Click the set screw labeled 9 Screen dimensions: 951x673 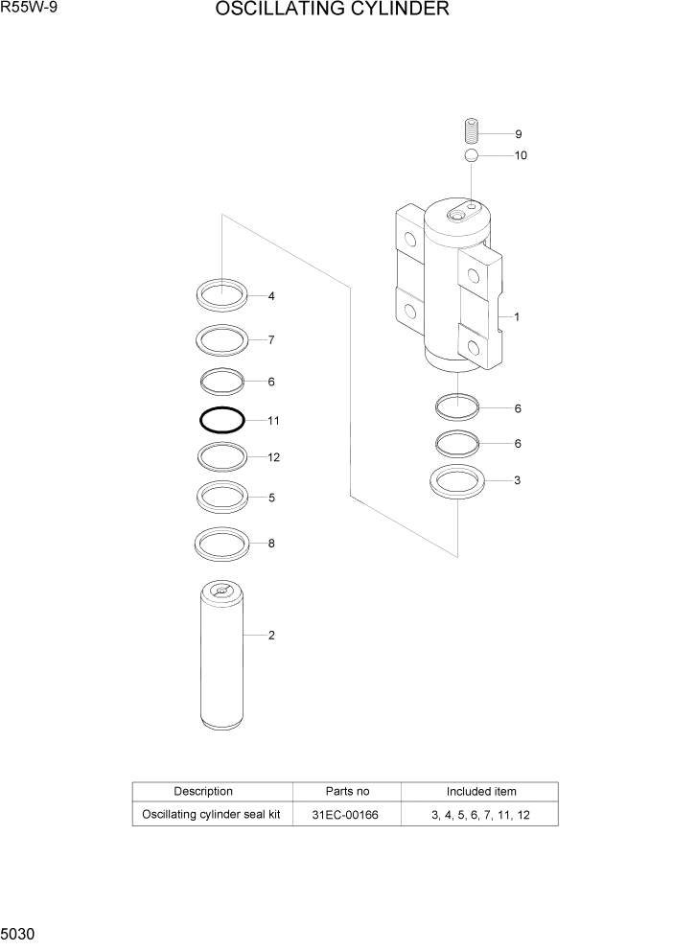click(x=471, y=130)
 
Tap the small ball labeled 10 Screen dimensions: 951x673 click(x=471, y=155)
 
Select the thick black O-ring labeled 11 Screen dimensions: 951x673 click(x=221, y=420)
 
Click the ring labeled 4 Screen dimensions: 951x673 click(x=222, y=294)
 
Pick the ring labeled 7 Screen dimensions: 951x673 click(x=222, y=339)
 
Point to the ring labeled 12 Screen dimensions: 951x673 click(x=222, y=457)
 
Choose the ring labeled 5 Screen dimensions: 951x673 click(x=222, y=497)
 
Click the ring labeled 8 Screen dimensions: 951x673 click(x=222, y=544)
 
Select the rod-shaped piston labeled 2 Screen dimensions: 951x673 click(x=221, y=661)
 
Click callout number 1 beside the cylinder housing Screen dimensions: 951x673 click(x=517, y=316)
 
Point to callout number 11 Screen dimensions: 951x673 click(x=273, y=420)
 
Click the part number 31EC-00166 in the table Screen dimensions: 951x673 click(x=347, y=814)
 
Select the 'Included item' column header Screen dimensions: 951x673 click(x=480, y=792)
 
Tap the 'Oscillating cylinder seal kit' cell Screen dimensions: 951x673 click(x=210, y=814)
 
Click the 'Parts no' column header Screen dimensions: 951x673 click(x=347, y=792)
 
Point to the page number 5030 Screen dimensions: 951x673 click(x=18, y=933)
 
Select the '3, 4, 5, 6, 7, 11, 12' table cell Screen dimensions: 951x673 click(x=480, y=814)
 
